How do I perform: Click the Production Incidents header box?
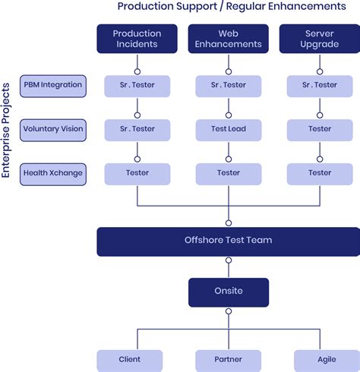[137, 39]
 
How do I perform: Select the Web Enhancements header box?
[229, 39]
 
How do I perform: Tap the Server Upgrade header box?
[320, 39]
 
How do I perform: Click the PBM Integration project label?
[52, 86]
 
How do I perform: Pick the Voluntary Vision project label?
[52, 130]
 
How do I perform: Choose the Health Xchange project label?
[52, 173]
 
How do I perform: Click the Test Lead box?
[229, 130]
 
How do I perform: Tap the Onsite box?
[229, 291]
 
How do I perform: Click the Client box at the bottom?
[130, 359]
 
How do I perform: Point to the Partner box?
[229, 359]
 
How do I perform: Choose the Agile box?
[327, 359]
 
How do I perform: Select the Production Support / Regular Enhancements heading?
[232, 7]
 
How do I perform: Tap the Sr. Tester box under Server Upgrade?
[320, 86]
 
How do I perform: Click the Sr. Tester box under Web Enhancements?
[229, 86]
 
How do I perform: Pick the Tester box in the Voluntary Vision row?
[320, 130]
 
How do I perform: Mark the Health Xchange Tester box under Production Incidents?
[137, 173]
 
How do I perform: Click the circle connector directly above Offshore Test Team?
[229, 222]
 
